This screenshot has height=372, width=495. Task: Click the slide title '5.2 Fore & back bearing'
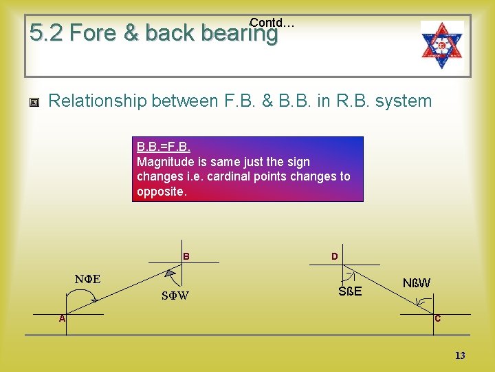coord(153,33)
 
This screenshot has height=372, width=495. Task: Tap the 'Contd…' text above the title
coord(272,23)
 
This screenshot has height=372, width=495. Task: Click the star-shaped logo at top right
coord(442,45)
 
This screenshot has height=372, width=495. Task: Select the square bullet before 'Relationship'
coord(34,103)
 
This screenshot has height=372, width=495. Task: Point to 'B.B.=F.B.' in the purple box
coord(164,147)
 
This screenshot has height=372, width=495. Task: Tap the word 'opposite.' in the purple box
coord(162,192)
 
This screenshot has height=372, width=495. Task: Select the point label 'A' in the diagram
coord(62,318)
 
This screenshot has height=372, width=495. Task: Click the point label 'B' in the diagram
coord(186,256)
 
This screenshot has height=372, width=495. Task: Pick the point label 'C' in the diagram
coord(437,318)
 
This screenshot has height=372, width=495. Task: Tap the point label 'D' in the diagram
coord(334,256)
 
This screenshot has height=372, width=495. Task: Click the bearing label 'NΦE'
coord(87,279)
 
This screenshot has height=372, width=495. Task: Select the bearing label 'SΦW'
coord(175,296)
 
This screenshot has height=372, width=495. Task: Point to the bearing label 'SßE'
coord(350,291)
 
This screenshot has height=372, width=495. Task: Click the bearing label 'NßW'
coord(417,282)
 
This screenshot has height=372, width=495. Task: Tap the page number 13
coord(460,355)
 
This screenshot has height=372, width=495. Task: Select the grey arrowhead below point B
coord(170,273)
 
